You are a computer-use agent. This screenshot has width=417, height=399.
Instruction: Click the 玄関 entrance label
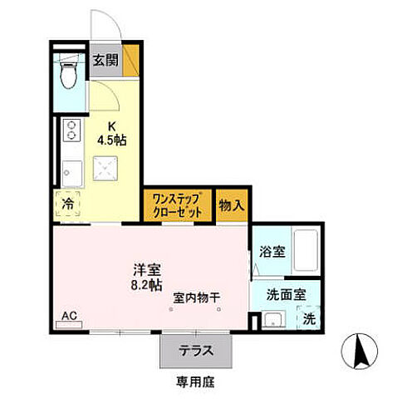pyautogui.click(x=104, y=60)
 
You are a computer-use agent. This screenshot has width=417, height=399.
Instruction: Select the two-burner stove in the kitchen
pyautogui.click(x=71, y=131)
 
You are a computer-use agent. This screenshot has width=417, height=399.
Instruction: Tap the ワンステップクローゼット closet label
pyautogui.click(x=178, y=205)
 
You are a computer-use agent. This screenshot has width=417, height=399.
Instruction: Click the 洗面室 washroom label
pyautogui.click(x=285, y=293)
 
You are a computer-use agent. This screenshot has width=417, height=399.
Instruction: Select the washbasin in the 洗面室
pyautogui.click(x=272, y=320)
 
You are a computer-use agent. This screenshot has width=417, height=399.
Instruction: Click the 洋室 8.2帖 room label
pyautogui.click(x=148, y=277)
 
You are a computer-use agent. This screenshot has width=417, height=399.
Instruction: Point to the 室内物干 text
pyautogui.click(x=197, y=297)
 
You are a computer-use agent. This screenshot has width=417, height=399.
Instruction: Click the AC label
pyautogui.click(x=69, y=316)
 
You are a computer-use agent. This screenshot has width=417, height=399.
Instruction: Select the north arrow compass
pyautogui.click(x=362, y=352)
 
